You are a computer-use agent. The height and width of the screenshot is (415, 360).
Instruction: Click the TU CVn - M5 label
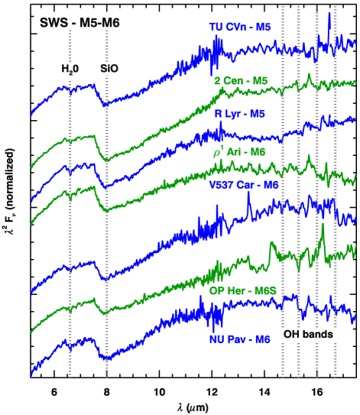click(x=239, y=27)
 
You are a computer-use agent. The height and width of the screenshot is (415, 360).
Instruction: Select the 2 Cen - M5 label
click(x=240, y=80)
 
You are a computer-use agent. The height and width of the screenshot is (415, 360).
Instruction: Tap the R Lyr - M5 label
click(x=239, y=114)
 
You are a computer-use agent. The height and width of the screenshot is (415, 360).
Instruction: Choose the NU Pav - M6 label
click(x=239, y=339)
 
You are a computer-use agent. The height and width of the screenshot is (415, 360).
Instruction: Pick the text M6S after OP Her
click(x=265, y=291)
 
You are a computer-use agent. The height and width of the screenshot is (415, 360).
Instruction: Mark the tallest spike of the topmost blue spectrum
click(x=329, y=14)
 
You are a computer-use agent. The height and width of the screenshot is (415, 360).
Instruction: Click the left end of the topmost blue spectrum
click(x=31, y=115)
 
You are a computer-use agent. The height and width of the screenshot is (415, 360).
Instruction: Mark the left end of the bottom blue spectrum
click(x=31, y=374)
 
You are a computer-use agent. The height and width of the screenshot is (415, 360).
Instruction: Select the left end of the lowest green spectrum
click(x=31, y=332)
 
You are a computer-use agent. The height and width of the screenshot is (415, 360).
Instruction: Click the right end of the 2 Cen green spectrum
click(x=355, y=82)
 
